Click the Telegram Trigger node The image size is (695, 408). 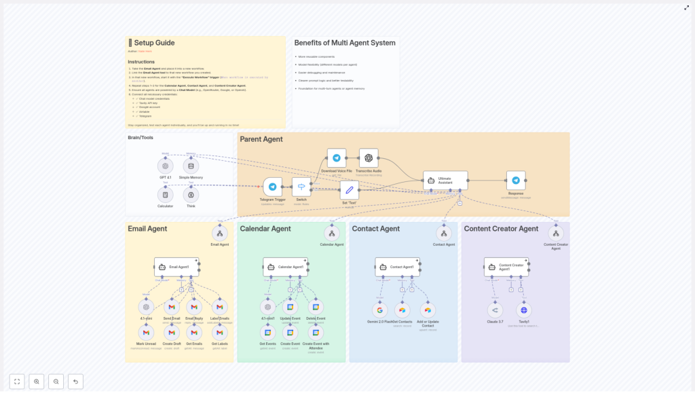[x=272, y=187]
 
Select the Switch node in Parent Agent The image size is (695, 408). [x=301, y=187]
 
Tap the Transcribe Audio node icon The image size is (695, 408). [x=369, y=158]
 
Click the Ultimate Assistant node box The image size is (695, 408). [x=445, y=180]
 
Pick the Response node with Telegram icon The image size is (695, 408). [x=516, y=180]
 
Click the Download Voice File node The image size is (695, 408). [x=337, y=158]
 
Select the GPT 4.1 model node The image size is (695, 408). [x=165, y=166]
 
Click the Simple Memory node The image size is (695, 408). [x=191, y=166]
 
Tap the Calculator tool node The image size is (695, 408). [x=165, y=195]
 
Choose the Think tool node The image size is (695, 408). [x=191, y=195]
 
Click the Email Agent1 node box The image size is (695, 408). [x=176, y=267]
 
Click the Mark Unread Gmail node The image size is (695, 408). [x=146, y=333]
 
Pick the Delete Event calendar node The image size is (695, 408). [x=316, y=308]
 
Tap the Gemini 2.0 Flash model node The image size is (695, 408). [x=380, y=310]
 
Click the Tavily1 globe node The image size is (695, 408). [x=523, y=310]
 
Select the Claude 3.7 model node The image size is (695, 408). [x=495, y=310]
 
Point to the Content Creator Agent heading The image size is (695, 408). [x=501, y=229]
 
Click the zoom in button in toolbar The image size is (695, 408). [x=37, y=382]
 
